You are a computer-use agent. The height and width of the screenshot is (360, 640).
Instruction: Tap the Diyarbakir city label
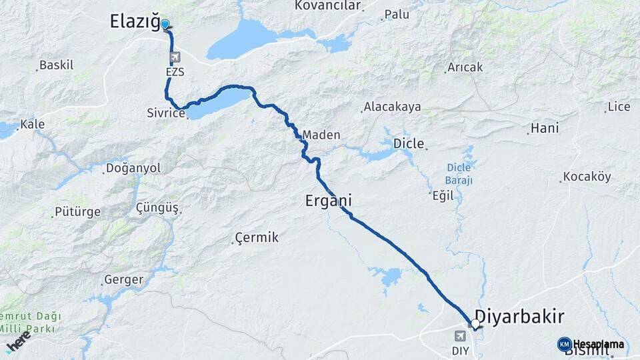(x=519, y=315)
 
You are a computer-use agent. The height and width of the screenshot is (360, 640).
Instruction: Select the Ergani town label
(x=328, y=199)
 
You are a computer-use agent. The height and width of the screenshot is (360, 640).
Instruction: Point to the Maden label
(x=321, y=135)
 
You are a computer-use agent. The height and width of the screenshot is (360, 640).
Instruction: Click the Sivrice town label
(x=165, y=113)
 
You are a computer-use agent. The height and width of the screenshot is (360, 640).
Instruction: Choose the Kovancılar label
(x=327, y=6)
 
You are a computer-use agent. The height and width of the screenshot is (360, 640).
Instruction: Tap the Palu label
(x=397, y=14)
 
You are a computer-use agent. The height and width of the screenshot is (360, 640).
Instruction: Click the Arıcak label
(x=465, y=67)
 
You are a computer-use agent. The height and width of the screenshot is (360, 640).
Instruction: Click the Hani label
(x=544, y=128)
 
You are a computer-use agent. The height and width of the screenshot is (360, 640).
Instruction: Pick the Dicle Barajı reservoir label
(x=459, y=173)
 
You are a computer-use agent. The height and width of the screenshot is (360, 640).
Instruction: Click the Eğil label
(x=443, y=195)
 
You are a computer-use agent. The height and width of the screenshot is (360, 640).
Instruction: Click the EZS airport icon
(x=175, y=57)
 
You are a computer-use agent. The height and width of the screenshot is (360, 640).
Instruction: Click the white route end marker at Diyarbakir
(x=475, y=324)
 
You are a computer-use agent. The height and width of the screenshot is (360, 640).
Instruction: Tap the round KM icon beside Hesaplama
(x=564, y=345)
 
